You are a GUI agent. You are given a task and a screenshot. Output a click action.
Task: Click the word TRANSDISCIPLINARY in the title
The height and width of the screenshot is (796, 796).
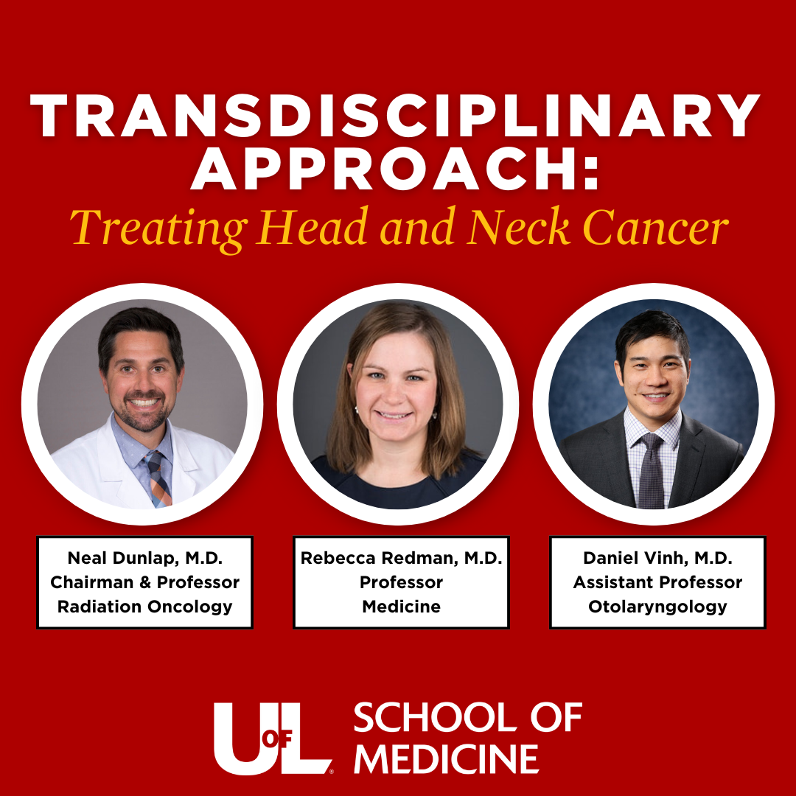click(x=395, y=116)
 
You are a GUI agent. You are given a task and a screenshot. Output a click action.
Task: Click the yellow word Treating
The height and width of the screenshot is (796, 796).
click(x=158, y=230)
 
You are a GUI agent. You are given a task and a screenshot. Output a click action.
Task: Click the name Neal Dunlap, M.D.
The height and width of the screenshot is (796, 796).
click(x=145, y=558)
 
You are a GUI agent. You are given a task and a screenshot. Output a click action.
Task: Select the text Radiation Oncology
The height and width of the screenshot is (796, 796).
click(x=144, y=607)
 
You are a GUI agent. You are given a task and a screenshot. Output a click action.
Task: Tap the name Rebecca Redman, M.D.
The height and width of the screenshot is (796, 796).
click(x=401, y=558)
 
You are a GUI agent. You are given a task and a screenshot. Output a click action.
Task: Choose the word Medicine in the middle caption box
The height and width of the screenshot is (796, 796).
click(x=401, y=606)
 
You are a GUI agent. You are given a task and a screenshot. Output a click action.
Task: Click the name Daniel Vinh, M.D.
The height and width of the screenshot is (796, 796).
click(x=657, y=558)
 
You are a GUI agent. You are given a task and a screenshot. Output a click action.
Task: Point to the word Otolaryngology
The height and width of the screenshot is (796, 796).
click(x=657, y=607)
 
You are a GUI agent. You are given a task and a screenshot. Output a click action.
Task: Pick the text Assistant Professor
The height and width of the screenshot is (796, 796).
click(x=657, y=582)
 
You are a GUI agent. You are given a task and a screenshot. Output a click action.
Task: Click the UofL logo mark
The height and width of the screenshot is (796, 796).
click(x=273, y=739)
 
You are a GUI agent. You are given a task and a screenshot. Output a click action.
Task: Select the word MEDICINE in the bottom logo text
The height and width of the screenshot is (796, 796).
click(x=446, y=759)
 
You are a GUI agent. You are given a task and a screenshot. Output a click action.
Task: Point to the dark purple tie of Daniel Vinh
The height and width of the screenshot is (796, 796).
click(x=652, y=472)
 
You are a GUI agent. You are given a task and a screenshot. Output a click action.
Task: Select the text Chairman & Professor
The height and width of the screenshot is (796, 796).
click(x=144, y=582)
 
